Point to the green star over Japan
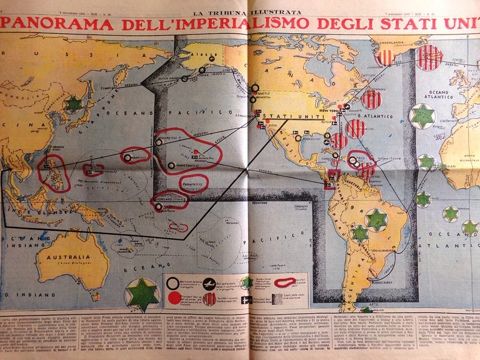point(74,103)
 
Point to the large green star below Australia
point(143,295)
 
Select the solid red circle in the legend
point(174,297)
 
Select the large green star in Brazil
point(376,219)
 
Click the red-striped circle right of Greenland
point(429,57)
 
